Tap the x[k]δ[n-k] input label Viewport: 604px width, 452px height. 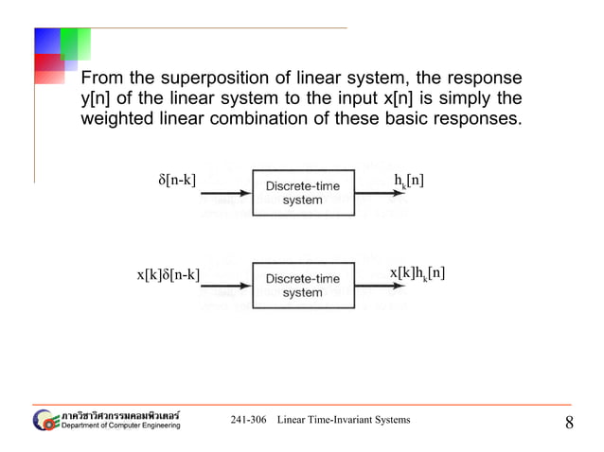(168, 275)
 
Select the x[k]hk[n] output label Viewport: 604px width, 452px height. (417, 274)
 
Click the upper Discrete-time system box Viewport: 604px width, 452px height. (302, 193)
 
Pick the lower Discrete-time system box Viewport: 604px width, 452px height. (302, 286)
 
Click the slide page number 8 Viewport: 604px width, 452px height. (569, 423)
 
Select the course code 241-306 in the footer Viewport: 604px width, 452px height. (248, 420)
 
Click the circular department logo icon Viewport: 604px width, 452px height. (45, 420)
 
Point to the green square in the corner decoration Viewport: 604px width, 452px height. (76, 43)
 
